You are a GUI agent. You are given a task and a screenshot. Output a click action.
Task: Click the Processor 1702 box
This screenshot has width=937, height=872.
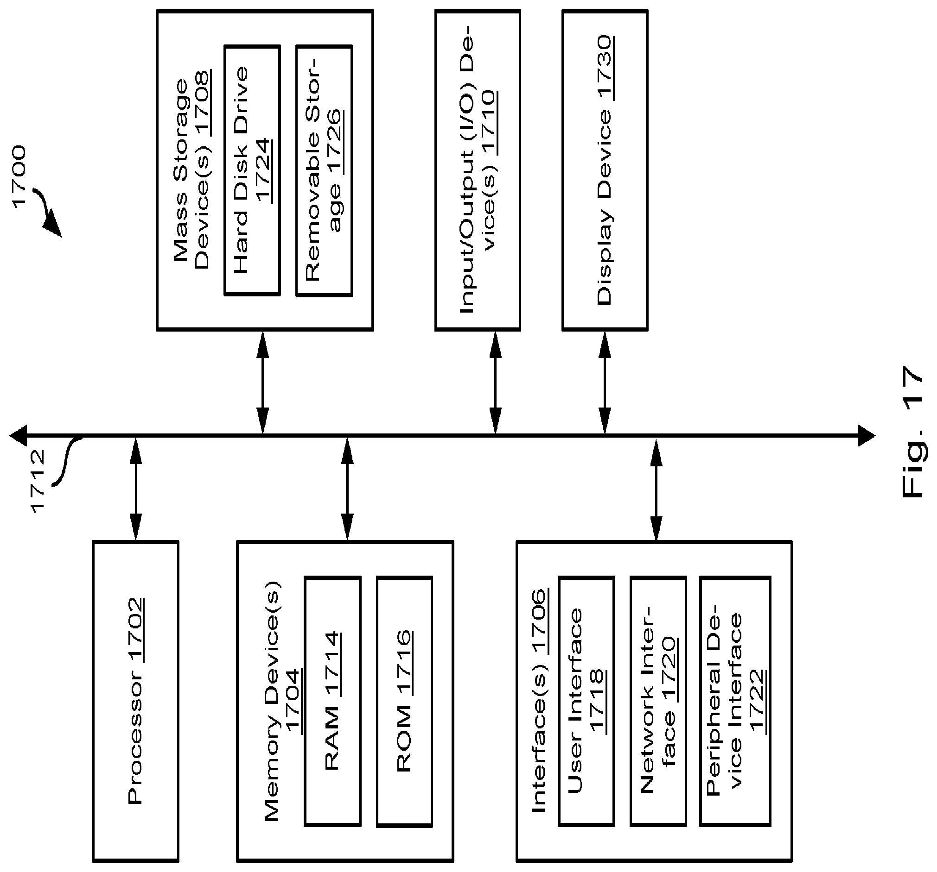136,702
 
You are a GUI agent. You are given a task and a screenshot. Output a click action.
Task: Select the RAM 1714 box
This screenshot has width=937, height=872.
333,702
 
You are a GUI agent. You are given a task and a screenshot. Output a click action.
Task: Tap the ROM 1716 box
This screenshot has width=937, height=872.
404,702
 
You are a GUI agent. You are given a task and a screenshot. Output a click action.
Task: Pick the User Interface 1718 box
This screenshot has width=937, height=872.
586,702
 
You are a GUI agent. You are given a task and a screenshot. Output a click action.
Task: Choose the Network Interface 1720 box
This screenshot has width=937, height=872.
658,702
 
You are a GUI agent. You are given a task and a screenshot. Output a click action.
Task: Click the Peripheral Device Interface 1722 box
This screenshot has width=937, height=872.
735,702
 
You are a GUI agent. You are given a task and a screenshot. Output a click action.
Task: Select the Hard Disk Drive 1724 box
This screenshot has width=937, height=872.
252,170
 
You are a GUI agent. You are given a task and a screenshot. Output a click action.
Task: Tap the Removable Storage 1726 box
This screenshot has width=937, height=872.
324,170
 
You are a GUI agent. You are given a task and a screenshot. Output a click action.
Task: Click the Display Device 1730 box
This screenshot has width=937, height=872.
605,170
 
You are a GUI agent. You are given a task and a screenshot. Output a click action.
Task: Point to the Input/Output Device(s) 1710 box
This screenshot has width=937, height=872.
478,170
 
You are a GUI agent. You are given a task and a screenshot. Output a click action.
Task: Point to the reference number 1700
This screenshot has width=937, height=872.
19,177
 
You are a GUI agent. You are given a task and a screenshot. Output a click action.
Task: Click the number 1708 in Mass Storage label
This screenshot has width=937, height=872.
203,104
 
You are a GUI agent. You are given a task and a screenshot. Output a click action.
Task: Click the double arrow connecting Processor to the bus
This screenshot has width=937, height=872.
136,489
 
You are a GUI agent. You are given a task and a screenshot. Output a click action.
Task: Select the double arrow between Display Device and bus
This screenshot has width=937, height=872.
605,383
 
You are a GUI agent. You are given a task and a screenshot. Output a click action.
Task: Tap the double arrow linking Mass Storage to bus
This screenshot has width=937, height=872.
263,383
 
